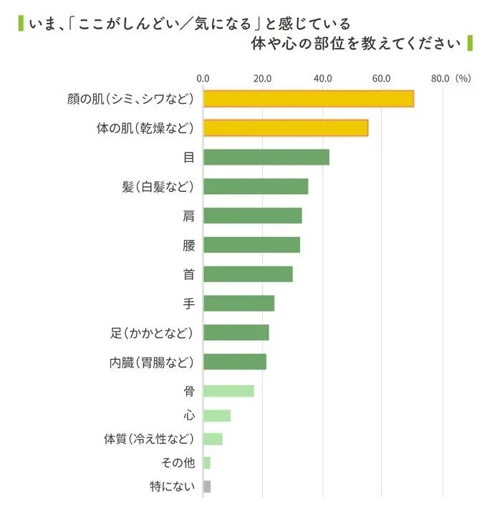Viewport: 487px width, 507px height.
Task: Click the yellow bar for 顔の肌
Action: coord(308,98)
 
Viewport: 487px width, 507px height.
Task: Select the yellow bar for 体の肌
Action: coord(285,127)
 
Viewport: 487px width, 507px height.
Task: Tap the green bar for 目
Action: coord(266,157)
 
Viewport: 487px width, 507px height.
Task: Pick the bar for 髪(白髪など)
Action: coord(256,186)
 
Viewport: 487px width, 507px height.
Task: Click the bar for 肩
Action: coord(252,216)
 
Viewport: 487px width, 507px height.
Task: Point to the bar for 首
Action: coord(248,274)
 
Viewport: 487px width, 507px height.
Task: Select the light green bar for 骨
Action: coord(228,390)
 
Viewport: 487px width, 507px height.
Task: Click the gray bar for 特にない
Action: coord(207,487)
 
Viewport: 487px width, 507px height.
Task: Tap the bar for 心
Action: coord(217,416)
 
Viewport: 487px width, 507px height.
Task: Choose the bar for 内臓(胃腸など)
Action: coord(234,362)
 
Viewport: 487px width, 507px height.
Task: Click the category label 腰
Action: coord(188,245)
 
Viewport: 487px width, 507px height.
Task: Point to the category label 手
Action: coord(188,303)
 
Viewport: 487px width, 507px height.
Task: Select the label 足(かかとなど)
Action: coord(152,332)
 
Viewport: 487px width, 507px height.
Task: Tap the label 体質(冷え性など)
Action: coord(149,438)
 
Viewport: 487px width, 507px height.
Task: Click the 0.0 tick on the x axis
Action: coord(203,79)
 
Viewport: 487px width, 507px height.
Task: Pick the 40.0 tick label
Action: coord(322,79)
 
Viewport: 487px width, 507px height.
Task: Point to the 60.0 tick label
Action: coord(381,79)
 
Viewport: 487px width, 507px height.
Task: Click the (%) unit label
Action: coord(463,79)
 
